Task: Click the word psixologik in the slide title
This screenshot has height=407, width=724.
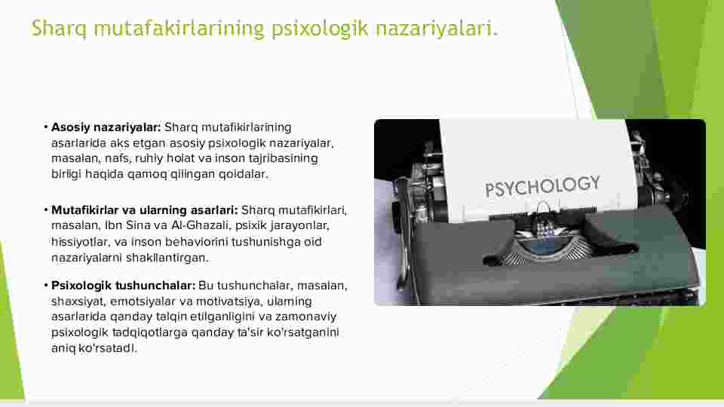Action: (320, 29)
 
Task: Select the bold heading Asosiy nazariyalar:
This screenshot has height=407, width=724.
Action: (106, 127)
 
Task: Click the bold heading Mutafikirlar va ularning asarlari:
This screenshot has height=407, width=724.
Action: (145, 210)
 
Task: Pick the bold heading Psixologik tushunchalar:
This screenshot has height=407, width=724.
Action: (123, 286)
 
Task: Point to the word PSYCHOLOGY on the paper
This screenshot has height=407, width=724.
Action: (542, 186)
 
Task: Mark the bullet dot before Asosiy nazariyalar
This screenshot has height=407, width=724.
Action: (46, 127)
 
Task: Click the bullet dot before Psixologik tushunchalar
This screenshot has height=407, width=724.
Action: (46, 286)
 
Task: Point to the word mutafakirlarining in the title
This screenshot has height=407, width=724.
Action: (179, 29)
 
